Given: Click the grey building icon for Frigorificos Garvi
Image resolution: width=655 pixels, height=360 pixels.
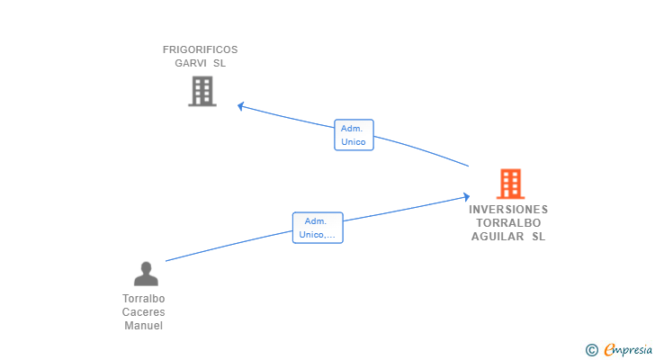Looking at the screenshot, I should click(x=202, y=91).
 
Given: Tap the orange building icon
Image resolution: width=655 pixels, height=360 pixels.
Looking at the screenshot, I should click(x=510, y=184).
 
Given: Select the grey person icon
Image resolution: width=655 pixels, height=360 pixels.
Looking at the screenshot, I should click(x=145, y=274).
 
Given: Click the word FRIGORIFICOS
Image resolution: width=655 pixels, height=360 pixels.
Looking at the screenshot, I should click(x=200, y=49).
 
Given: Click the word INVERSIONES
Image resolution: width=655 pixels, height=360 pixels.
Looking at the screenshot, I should click(x=508, y=209).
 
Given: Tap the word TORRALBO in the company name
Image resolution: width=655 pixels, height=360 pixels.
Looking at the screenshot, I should click(x=508, y=223).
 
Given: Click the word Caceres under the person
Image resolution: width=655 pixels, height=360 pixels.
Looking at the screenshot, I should click(x=144, y=312).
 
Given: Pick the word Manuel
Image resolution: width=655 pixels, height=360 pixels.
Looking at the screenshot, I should click(x=144, y=326).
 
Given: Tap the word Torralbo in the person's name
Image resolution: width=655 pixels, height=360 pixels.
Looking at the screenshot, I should click(x=144, y=299).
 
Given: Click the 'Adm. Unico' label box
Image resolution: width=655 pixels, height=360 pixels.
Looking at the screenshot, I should click(x=353, y=135).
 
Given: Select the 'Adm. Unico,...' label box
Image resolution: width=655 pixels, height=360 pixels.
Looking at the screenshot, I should click(x=318, y=228).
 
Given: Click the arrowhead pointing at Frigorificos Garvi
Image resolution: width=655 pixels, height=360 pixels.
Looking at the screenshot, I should click(x=241, y=106).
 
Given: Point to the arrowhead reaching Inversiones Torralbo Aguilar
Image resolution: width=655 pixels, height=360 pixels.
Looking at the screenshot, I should click(x=465, y=196).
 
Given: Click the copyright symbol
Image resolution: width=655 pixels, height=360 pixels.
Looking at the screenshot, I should click(x=591, y=350).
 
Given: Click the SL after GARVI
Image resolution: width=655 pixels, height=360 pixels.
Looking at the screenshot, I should click(x=220, y=63).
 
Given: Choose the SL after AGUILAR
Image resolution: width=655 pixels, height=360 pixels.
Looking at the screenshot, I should click(x=538, y=237).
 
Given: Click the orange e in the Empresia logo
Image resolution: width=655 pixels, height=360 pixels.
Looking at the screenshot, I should click(x=609, y=350).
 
